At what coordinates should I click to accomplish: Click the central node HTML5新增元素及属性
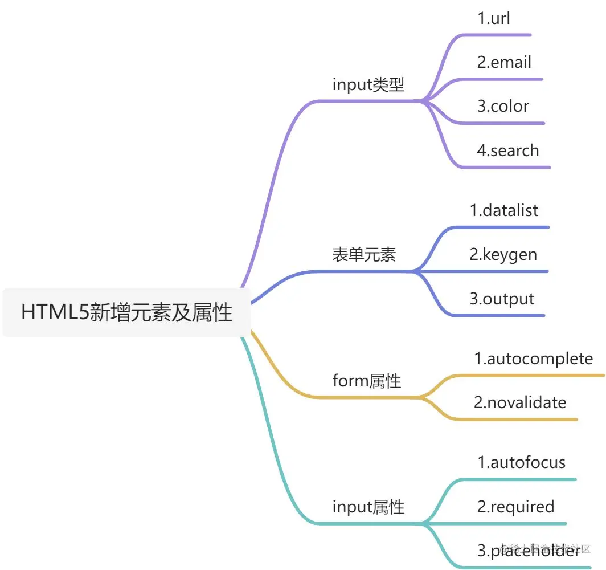point(126,313)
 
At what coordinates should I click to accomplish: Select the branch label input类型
point(368,85)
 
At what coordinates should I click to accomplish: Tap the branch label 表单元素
point(363,255)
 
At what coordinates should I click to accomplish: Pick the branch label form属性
point(367,380)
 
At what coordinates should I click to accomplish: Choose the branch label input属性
point(368,506)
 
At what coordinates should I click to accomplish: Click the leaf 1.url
point(494,18)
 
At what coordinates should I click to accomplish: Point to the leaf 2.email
point(504,62)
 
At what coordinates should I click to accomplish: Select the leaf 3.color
point(503,106)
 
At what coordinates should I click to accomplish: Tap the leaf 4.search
point(507,150)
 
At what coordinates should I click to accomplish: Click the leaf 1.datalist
point(504,210)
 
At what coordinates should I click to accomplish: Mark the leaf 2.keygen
point(503,254)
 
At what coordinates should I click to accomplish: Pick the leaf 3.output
point(502,299)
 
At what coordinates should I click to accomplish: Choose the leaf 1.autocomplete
point(534,359)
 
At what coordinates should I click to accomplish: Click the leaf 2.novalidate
point(520,402)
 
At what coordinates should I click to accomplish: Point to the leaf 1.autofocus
point(522,462)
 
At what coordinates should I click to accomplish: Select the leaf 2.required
point(515,506)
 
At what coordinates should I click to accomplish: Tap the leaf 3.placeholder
point(529,551)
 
